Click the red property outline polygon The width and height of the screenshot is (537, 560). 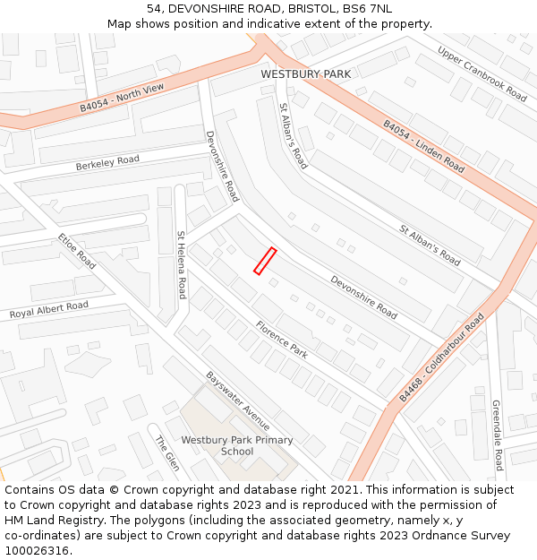pos(264,261)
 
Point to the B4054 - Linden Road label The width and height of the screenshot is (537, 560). pos(424,146)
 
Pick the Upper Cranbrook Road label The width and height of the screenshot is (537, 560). pos(482,73)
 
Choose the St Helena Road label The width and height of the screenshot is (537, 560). pos(182,264)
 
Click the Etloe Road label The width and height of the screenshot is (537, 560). pos(77,252)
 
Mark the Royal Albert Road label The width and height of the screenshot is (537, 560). pos(49,310)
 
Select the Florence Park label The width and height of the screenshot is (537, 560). pos(281,340)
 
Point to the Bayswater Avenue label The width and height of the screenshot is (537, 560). pos(238,401)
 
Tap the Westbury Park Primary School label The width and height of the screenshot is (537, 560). pos(237,445)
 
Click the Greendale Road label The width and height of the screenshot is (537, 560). pos(497,435)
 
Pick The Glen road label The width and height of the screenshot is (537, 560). pos(167,453)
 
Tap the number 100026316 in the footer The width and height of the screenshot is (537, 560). pos(37,550)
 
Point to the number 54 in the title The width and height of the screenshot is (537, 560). pos(154,8)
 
